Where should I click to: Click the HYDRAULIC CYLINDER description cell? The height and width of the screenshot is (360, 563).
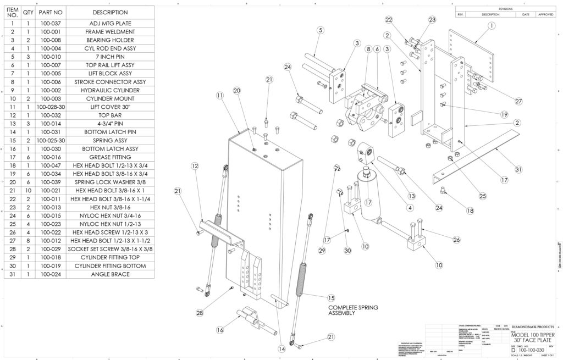110,90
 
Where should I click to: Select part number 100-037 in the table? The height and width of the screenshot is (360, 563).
51,24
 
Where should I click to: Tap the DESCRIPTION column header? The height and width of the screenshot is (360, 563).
110,12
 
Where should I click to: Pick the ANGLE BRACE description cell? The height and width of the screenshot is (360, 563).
110,274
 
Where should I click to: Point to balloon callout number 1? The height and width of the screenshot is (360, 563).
491,25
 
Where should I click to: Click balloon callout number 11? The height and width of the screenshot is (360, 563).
220,95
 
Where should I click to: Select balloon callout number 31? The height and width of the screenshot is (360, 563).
517,170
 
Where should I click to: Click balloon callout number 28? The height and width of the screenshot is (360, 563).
200,312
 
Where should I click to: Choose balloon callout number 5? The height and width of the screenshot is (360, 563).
320,30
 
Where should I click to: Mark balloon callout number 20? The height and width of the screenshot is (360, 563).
238,90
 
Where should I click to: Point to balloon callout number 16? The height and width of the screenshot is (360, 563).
220,331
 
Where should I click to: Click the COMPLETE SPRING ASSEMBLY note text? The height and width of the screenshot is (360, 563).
352,311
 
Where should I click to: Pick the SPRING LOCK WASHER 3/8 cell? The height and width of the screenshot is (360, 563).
110,182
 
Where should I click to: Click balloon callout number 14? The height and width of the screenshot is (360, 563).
281,348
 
